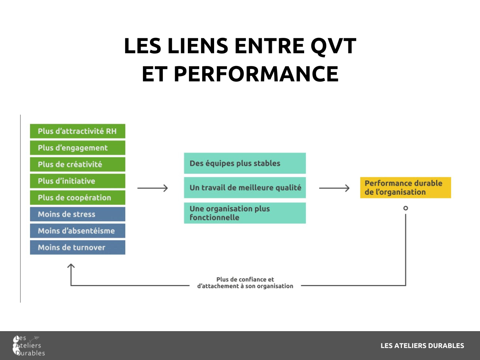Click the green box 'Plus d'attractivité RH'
77,131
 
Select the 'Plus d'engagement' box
77,148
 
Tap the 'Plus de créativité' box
77,164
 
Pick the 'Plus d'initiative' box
77,181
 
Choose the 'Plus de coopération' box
77,198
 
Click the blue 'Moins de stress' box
77,214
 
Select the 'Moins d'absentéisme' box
77,231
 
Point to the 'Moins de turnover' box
77,247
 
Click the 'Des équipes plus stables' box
244,163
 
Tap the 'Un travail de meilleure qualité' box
244,187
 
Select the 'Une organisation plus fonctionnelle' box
244,213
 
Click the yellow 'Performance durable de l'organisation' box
405,187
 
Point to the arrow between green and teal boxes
153,188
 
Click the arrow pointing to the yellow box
334,188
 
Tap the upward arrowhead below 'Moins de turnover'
71,266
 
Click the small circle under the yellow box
405,208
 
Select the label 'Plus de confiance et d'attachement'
245,283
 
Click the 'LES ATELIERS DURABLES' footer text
422,346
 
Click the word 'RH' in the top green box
111,131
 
